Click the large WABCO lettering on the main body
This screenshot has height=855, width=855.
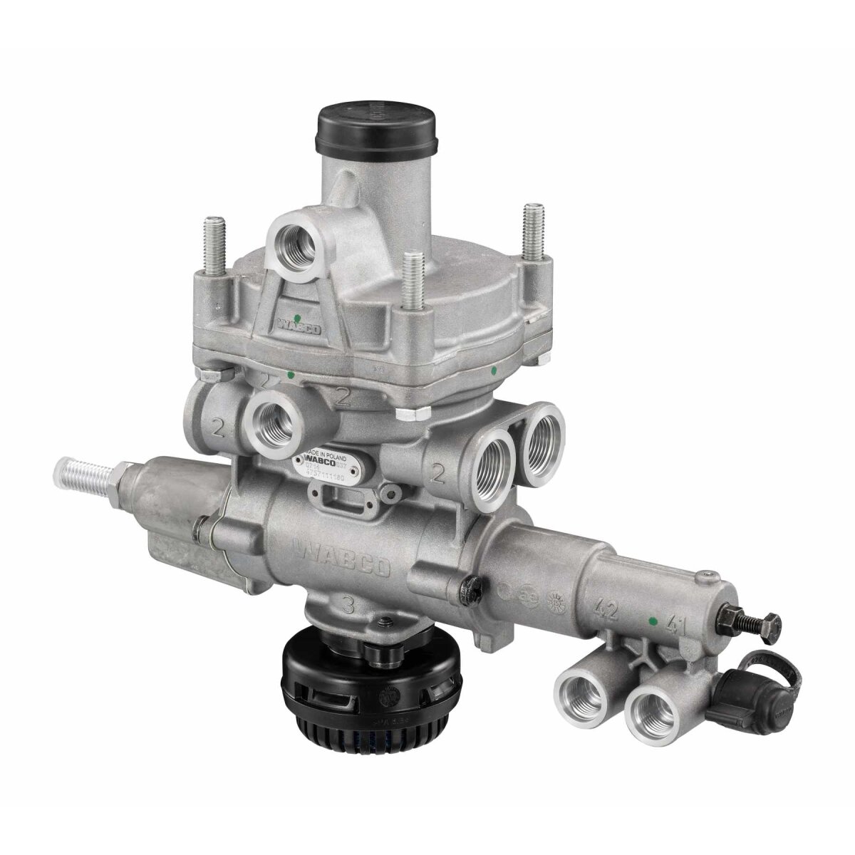click(343, 556)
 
